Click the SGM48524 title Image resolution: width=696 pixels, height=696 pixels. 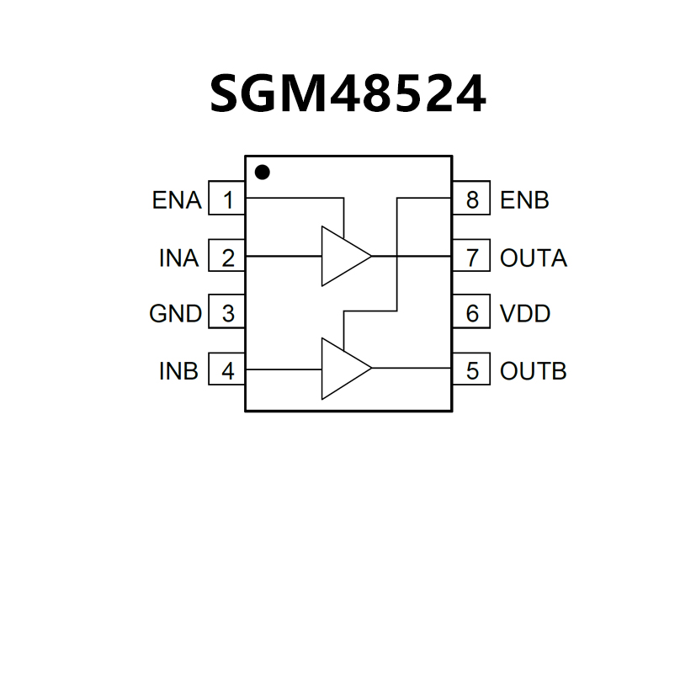(348, 93)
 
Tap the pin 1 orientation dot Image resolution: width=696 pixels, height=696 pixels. (263, 173)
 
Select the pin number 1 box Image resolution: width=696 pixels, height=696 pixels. (227, 200)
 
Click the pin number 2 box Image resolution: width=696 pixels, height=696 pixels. (227, 258)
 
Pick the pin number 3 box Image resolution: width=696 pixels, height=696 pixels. (227, 314)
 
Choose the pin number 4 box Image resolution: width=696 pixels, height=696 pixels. (227, 370)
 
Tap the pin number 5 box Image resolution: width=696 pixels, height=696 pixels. (471, 370)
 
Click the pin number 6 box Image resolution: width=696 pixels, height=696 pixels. (471, 314)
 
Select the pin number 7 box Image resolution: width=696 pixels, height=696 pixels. (471, 258)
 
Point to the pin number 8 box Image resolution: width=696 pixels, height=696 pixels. (471, 200)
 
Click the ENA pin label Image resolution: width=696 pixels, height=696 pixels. (177, 201)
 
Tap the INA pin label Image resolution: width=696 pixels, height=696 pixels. (179, 258)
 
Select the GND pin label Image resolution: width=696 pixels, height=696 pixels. (175, 314)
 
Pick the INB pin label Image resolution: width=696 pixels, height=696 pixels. (179, 370)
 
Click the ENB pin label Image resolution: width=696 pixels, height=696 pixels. (524, 201)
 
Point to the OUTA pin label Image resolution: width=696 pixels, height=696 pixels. (534, 258)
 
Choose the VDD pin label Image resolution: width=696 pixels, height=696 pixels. (525, 314)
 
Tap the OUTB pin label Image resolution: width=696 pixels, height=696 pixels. (534, 370)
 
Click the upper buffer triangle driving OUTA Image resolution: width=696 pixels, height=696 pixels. (341, 256)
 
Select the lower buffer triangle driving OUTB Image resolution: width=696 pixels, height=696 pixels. (341, 369)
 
